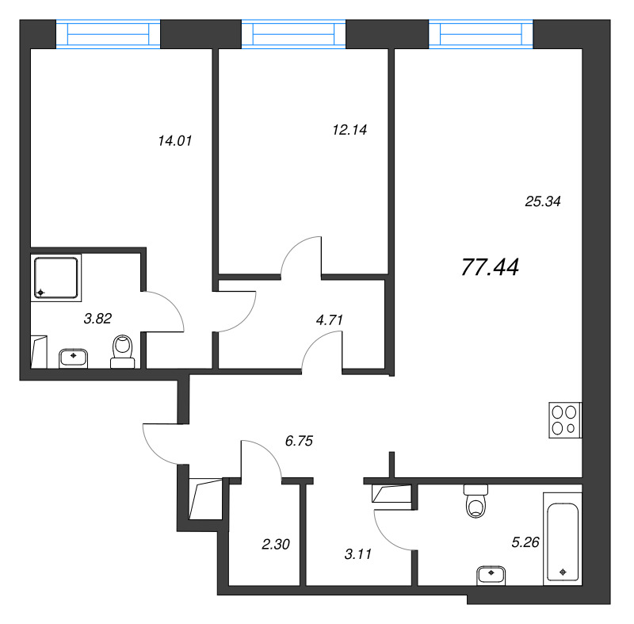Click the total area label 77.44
[x=490, y=267]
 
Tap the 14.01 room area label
[x=174, y=140]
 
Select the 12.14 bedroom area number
[x=349, y=130]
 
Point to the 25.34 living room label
[x=543, y=201]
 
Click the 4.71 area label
[x=330, y=320]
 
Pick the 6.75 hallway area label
[x=300, y=441]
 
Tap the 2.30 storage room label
[x=276, y=545]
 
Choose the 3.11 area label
[x=358, y=554]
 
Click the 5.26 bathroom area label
[x=525, y=542]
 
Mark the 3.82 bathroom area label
[x=97, y=319]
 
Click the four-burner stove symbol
[x=565, y=419]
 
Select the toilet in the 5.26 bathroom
[x=476, y=501]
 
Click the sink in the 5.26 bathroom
[x=491, y=575]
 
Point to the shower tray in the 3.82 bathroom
[x=56, y=278]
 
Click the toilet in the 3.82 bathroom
[x=123, y=351]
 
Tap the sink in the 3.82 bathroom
[x=73, y=358]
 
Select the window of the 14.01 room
[x=108, y=34]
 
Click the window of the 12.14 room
[x=293, y=34]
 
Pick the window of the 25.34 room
[x=481, y=34]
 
